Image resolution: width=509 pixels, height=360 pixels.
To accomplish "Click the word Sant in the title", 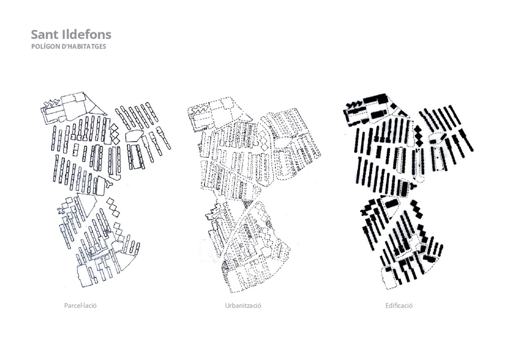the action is click(x=44, y=34).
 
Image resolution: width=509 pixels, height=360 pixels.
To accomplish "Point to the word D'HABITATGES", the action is click(x=83, y=46).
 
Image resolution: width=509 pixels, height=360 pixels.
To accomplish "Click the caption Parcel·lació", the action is click(x=80, y=305).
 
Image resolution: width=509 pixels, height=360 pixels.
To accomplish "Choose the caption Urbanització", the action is click(x=243, y=305).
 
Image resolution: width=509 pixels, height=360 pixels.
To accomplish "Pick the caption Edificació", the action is click(x=399, y=305).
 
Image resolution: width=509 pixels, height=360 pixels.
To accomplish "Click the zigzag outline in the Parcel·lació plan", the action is click(x=50, y=104).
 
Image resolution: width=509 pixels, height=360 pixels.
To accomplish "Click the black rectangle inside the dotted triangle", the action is click(x=391, y=203).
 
